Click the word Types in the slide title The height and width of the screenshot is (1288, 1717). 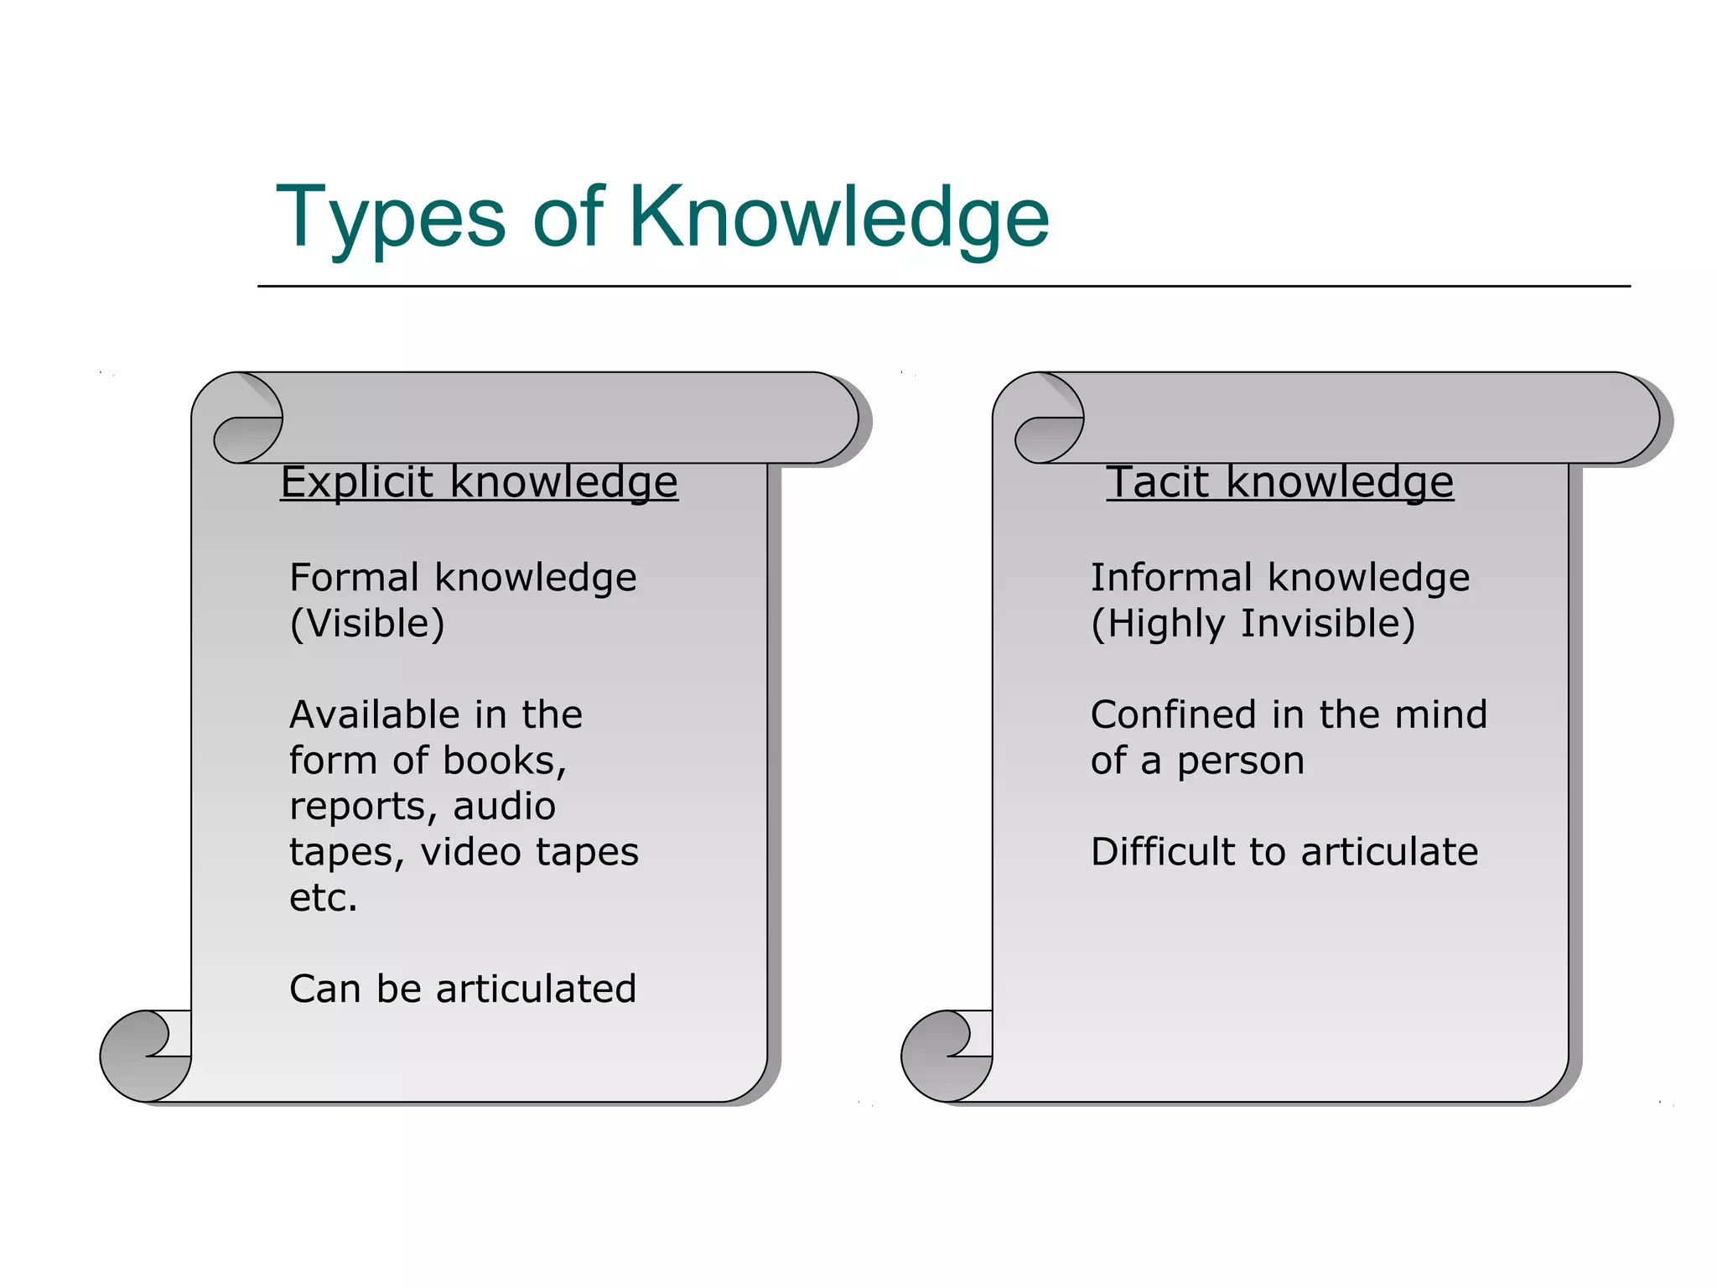click(x=391, y=218)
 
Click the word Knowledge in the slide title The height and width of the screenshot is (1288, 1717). click(x=838, y=218)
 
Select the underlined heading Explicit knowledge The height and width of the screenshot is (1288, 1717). click(x=479, y=482)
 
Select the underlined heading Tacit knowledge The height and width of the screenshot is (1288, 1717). click(x=1279, y=482)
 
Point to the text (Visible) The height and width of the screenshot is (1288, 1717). click(x=367, y=624)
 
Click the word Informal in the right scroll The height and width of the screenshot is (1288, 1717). click(x=1171, y=578)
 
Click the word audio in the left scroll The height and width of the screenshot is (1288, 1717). click(x=504, y=807)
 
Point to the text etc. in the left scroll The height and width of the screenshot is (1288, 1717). click(x=323, y=898)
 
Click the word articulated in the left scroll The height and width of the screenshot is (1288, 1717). click(x=536, y=989)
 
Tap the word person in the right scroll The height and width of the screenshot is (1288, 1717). click(x=1240, y=761)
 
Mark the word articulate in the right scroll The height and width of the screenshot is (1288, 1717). click(x=1389, y=852)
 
